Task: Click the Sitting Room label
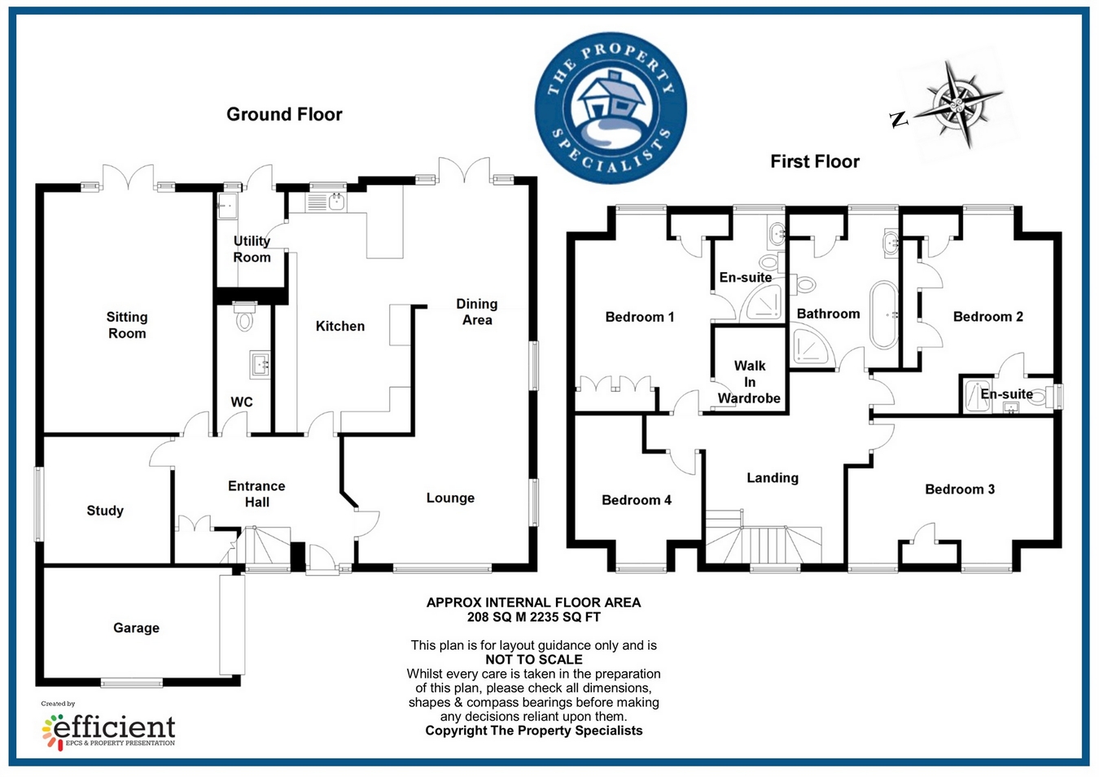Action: pyautogui.click(x=127, y=325)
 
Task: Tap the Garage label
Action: pyautogui.click(x=136, y=628)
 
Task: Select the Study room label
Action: pyautogui.click(x=105, y=511)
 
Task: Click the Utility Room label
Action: pyautogui.click(x=252, y=249)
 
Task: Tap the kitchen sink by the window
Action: pyautogui.click(x=335, y=200)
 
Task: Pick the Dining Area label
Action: pyautogui.click(x=477, y=312)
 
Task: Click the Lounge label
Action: pyautogui.click(x=450, y=498)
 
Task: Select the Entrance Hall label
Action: pyautogui.click(x=256, y=494)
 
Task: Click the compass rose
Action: pyautogui.click(x=957, y=104)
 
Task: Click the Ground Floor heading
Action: pyautogui.click(x=284, y=114)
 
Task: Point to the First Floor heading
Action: pyautogui.click(x=815, y=161)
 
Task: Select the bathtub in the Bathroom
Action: pyautogui.click(x=882, y=314)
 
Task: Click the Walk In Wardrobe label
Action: pyautogui.click(x=749, y=382)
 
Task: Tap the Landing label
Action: pyautogui.click(x=773, y=478)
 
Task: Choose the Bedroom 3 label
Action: pyautogui.click(x=960, y=489)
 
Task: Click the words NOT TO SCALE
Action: pyautogui.click(x=534, y=660)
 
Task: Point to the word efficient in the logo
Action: pyautogui.click(x=115, y=726)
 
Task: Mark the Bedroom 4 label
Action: pyautogui.click(x=637, y=500)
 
